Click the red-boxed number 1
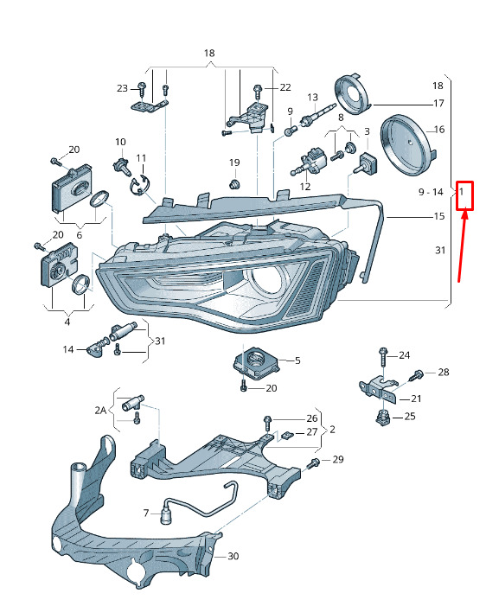click(x=461, y=191)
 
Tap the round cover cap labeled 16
click(x=407, y=145)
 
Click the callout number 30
click(x=233, y=556)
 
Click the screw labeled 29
click(x=313, y=462)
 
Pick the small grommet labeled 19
click(x=234, y=183)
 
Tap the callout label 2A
click(x=100, y=410)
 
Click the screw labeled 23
click(x=142, y=90)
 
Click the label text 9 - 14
click(x=431, y=192)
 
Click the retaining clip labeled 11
click(x=139, y=185)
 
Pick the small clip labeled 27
click(x=287, y=436)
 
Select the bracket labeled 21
click(x=379, y=388)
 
